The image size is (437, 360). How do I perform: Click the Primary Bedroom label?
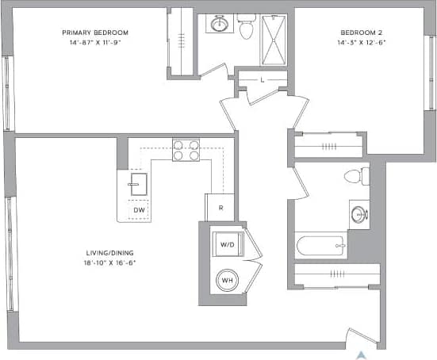coord(95,33)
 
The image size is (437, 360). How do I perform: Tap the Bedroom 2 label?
coord(361,33)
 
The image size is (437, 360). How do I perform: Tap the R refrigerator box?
coord(220,207)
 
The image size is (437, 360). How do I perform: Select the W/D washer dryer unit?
coord(226,245)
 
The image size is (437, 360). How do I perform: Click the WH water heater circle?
coord(226,281)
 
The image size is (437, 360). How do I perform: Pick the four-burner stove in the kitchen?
coord(186,150)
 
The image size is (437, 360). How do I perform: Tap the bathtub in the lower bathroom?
coord(321,246)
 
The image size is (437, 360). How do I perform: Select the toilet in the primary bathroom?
coord(245,29)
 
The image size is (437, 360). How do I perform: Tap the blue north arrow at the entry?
coord(362,354)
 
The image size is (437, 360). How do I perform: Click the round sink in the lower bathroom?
coord(359,214)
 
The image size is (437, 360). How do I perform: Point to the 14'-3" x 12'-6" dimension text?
coord(361,43)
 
